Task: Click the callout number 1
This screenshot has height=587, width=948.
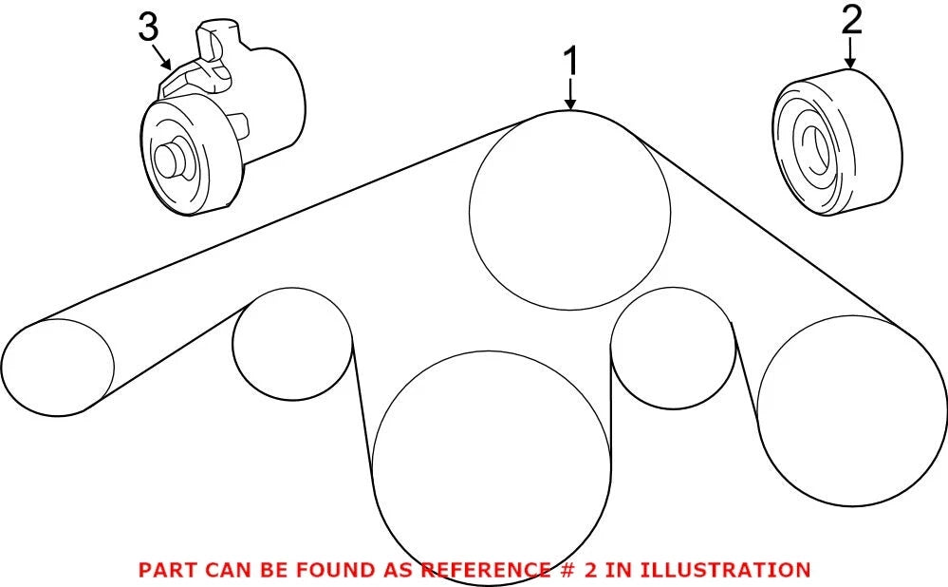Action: (x=570, y=63)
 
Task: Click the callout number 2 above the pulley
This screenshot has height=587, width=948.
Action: (x=851, y=21)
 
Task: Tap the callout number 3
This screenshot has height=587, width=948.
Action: (x=149, y=28)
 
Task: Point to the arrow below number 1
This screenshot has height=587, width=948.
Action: (x=570, y=96)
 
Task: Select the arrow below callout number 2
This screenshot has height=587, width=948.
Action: (x=850, y=53)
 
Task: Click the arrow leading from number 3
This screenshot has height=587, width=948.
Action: (x=162, y=56)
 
